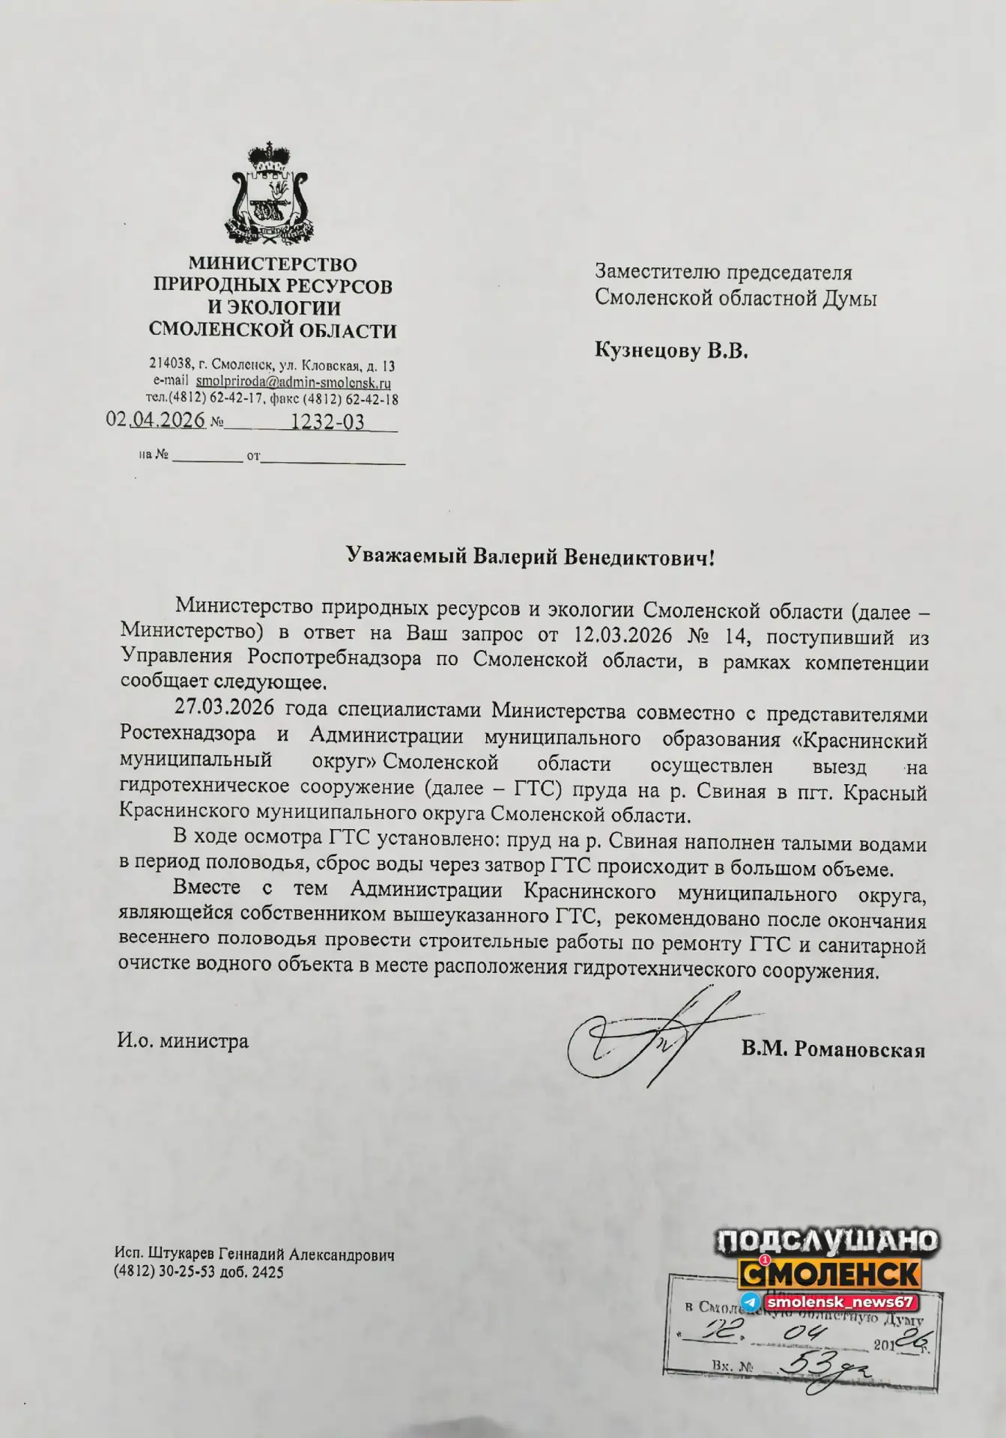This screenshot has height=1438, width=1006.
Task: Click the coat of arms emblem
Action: pyautogui.click(x=272, y=192)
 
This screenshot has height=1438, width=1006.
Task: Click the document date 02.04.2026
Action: pyautogui.click(x=156, y=420)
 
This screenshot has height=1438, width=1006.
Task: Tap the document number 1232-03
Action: pyautogui.click(x=327, y=422)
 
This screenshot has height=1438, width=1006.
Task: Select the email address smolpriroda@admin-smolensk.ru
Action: pyautogui.click(x=293, y=383)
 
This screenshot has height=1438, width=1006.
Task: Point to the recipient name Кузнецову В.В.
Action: pyautogui.click(x=671, y=351)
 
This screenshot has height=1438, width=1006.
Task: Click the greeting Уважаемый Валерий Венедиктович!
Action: pyautogui.click(x=530, y=556)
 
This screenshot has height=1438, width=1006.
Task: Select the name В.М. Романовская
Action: pyautogui.click(x=833, y=1049)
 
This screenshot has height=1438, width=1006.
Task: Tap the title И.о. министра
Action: pyautogui.click(x=183, y=1041)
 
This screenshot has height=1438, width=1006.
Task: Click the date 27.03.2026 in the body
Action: pyautogui.click(x=224, y=708)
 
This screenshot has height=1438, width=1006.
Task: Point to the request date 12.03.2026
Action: pyautogui.click(x=621, y=635)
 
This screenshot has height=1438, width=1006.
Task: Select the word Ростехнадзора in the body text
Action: pyautogui.click(x=187, y=734)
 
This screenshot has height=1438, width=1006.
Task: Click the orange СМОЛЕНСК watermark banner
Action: pyautogui.click(x=830, y=1272)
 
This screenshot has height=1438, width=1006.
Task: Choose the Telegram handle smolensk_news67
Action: pyautogui.click(x=839, y=1302)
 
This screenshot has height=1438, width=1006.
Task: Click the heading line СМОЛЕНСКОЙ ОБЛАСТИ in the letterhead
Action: pyautogui.click(x=273, y=330)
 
